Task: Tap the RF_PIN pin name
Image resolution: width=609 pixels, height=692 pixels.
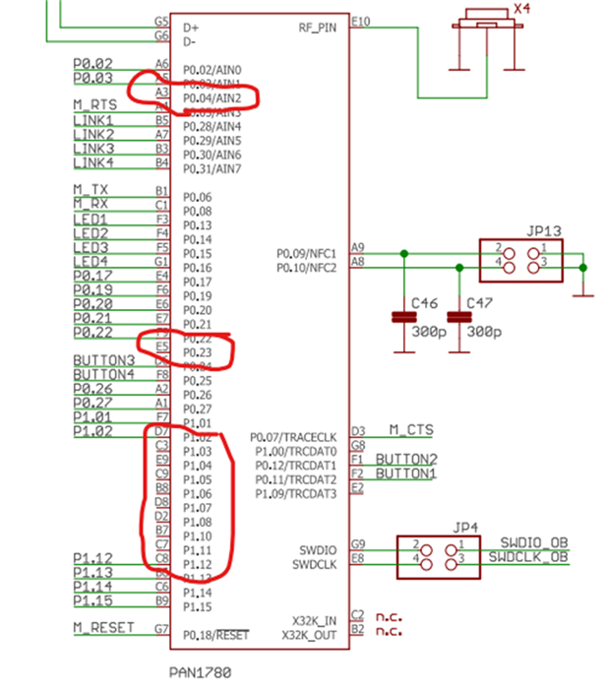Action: (318, 29)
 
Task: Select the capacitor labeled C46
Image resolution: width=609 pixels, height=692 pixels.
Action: (402, 317)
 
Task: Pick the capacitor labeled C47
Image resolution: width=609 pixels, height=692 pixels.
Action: (457, 317)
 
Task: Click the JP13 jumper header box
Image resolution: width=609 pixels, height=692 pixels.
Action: (520, 260)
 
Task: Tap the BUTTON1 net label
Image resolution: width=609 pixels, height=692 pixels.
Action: (407, 473)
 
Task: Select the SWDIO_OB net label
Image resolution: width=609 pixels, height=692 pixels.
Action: (534, 542)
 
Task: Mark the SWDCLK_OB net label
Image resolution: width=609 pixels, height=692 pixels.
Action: (529, 557)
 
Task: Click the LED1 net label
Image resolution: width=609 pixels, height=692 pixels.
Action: (91, 219)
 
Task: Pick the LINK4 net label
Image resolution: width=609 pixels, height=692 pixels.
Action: (93, 162)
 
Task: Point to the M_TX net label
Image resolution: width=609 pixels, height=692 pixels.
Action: (91, 189)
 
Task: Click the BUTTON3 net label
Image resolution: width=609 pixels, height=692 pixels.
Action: (103, 360)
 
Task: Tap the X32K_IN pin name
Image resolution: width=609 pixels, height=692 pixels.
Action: (314, 621)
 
